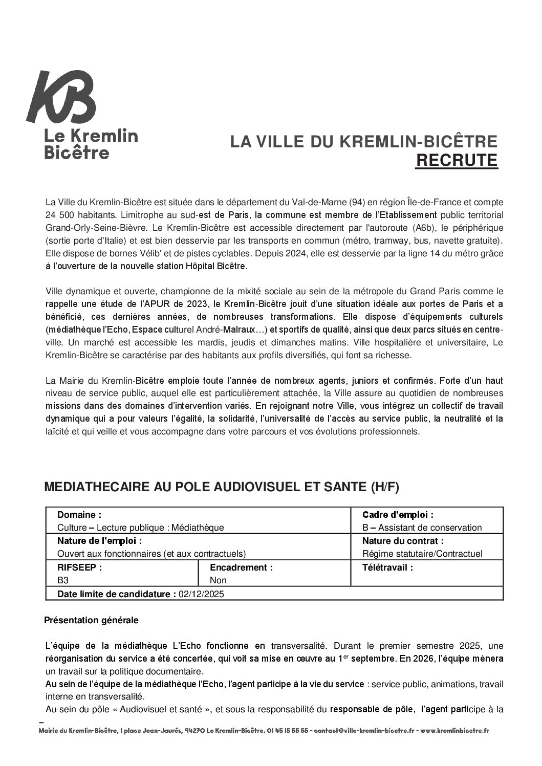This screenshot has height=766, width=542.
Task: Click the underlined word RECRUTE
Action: (456, 160)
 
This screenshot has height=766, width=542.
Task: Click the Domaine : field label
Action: (79, 515)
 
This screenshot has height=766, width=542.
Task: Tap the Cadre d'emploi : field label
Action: (398, 515)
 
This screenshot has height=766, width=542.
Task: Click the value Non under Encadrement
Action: (218, 580)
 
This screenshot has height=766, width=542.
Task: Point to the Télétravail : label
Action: (387, 567)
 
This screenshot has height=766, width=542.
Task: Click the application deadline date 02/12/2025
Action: (202, 594)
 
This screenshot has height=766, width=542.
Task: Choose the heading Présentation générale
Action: (91, 620)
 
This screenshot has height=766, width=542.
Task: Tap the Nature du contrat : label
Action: (403, 541)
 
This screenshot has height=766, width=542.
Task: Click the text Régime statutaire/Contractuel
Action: (422, 554)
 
